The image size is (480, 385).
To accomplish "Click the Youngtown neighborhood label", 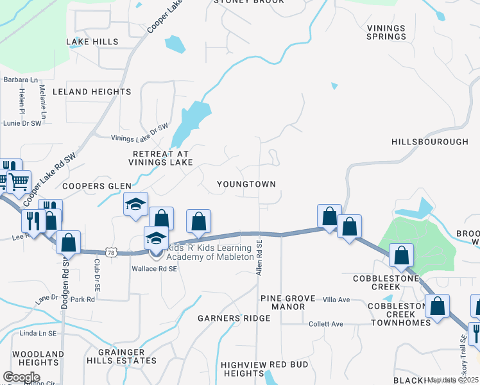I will point(246,184).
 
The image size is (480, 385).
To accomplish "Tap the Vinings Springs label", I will point(387,32).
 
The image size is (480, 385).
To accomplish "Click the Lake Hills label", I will point(92,42).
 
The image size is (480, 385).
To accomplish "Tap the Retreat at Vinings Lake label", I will point(162,158).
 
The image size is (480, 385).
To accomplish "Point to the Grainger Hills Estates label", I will point(127,356).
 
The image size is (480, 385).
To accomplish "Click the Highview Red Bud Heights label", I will point(265,369).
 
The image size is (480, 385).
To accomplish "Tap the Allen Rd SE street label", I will point(260,259).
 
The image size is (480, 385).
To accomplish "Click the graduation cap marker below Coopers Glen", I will point(135,204).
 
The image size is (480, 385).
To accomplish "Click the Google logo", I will point(22,377).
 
